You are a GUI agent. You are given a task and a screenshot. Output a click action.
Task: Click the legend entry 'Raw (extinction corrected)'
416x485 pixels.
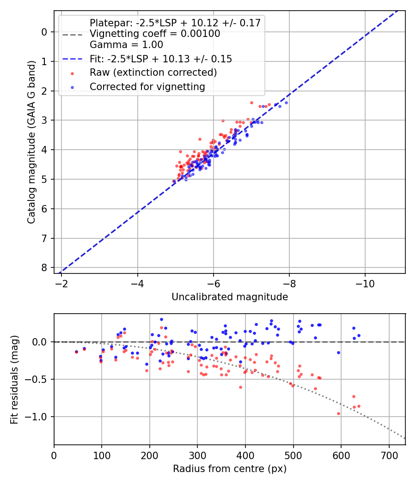click(x=153, y=73)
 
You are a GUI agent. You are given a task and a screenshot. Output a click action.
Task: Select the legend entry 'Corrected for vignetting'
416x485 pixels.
click(x=147, y=86)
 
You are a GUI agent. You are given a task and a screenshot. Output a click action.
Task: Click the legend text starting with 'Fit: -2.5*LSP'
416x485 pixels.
click(x=160, y=59)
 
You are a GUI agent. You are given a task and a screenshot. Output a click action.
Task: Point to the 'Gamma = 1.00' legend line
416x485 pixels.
click(x=126, y=45)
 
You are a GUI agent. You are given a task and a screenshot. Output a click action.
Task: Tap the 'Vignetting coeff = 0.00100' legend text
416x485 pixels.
click(x=155, y=34)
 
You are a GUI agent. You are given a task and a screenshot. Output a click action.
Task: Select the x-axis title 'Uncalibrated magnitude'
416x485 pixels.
click(x=230, y=297)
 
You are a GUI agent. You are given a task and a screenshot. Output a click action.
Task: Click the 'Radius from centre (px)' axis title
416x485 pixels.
click(x=230, y=469)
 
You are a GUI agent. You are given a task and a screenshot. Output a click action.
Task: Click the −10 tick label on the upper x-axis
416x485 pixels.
click(x=365, y=281)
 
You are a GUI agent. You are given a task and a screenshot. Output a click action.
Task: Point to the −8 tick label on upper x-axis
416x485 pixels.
click(x=289, y=281)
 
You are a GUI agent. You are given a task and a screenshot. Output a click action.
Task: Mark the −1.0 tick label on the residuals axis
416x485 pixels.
click(x=38, y=417)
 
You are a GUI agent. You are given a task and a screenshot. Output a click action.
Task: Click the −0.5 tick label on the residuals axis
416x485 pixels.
click(x=38, y=379)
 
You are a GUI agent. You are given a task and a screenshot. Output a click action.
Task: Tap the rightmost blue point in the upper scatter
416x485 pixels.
click(x=286, y=103)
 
